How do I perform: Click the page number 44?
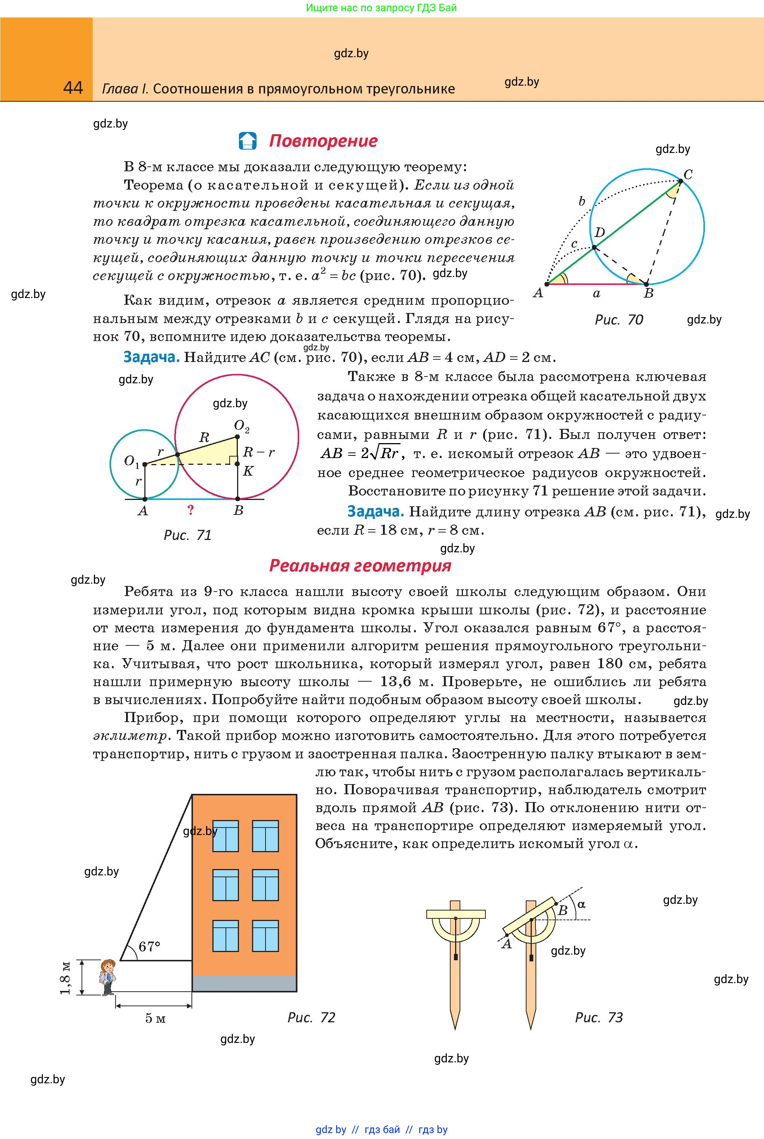pyautogui.click(x=73, y=88)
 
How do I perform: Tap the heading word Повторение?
pyautogui.click(x=323, y=141)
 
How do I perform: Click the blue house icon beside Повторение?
pyautogui.click(x=248, y=141)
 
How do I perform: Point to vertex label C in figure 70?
pyautogui.click(x=688, y=174)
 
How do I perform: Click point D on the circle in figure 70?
pyautogui.click(x=594, y=248)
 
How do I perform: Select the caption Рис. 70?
pyautogui.click(x=619, y=320)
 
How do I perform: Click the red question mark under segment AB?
pyautogui.click(x=190, y=510)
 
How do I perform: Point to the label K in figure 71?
pyautogui.click(x=248, y=471)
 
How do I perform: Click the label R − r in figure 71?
pyautogui.click(x=258, y=452)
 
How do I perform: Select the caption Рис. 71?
pyautogui.click(x=188, y=535)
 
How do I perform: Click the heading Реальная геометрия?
pyautogui.click(x=360, y=566)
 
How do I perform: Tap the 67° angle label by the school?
pyautogui.click(x=149, y=946)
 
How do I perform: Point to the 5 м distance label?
pyautogui.click(x=156, y=1018)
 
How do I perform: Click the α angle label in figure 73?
pyautogui.click(x=581, y=904)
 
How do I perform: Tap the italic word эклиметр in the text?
pyautogui.click(x=131, y=736)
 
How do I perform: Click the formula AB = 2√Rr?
pyautogui.click(x=360, y=454)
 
